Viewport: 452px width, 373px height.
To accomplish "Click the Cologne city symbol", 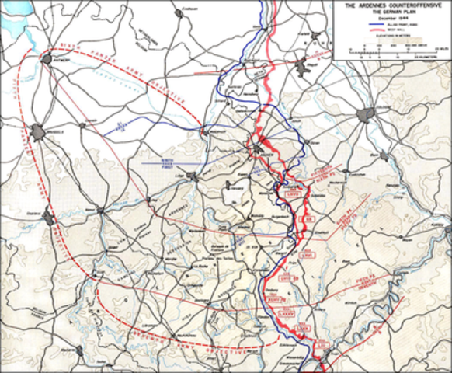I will (x=365, y=116).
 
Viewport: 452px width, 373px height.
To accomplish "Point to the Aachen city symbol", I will (x=259, y=148).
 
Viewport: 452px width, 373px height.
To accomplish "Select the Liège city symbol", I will (x=191, y=176).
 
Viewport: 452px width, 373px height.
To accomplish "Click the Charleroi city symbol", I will (x=50, y=218).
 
